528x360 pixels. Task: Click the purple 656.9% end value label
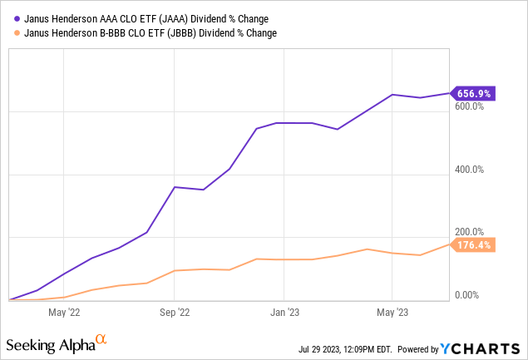point(474,94)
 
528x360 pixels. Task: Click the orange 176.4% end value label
point(474,244)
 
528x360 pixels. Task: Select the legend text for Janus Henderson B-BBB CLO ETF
point(146,33)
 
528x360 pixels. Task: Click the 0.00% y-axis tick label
point(466,295)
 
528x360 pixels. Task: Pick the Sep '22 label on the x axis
point(174,313)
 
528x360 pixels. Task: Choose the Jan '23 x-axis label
point(284,313)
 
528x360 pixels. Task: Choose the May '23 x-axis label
point(392,313)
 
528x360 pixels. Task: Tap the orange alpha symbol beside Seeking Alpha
point(101,339)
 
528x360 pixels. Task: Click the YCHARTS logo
point(486,348)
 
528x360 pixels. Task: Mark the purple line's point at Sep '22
point(174,187)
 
